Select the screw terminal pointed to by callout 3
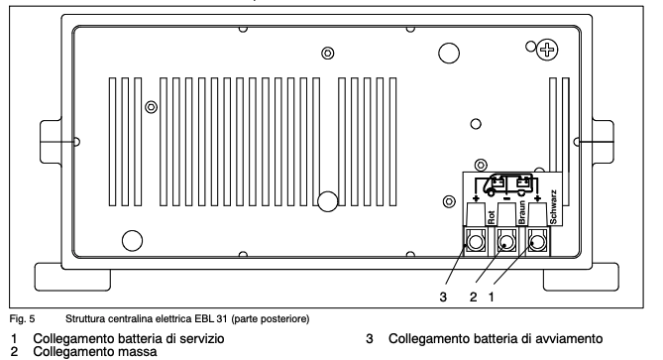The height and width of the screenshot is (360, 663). pyautogui.click(x=477, y=241)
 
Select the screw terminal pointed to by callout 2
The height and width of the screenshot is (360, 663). pyautogui.click(x=507, y=241)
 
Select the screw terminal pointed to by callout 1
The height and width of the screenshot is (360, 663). pyautogui.click(x=538, y=241)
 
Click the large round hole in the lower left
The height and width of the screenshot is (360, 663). pyautogui.click(x=131, y=239)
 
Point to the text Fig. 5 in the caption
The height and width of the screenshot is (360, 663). pyautogui.click(x=18, y=318)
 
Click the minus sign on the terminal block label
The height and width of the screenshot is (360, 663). pyautogui.click(x=507, y=198)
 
